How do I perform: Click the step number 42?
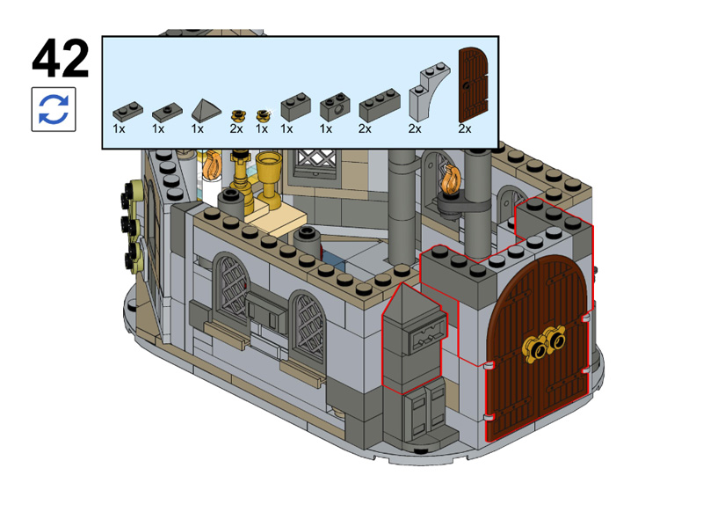[x=61, y=58]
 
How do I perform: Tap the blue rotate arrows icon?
[x=54, y=109]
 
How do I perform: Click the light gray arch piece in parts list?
[x=429, y=92]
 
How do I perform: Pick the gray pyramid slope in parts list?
[x=207, y=110]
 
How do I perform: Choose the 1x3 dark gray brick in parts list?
[x=380, y=106]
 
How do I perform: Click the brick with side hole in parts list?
[x=335, y=106]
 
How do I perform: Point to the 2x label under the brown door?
[x=465, y=128]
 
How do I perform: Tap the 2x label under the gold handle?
[x=236, y=128]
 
